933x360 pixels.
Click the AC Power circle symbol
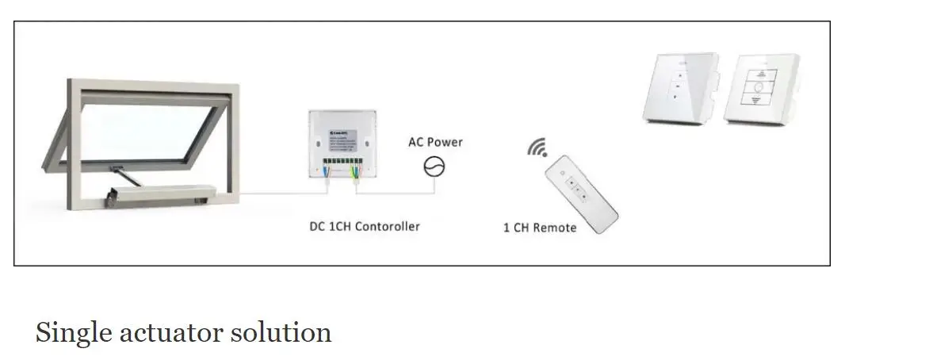[x=434, y=167]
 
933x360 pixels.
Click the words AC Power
[x=435, y=143]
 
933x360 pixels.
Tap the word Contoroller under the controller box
[x=387, y=227]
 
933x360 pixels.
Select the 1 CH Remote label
[x=540, y=228]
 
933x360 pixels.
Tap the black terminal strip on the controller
[x=342, y=167]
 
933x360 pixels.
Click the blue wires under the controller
[x=326, y=177]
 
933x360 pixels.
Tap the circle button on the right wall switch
[x=761, y=86]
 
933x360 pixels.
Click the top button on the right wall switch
[x=761, y=70]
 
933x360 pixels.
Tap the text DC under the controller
[x=317, y=227]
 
